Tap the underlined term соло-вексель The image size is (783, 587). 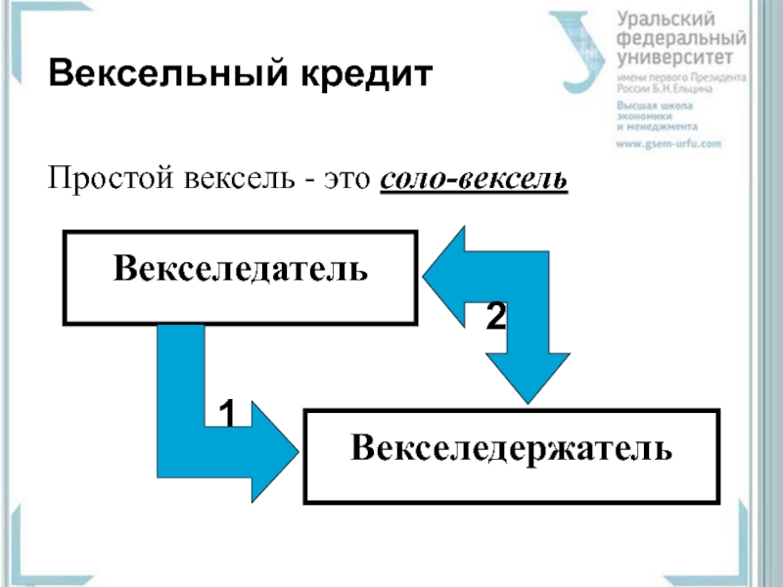click(x=473, y=181)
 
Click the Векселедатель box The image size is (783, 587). click(x=240, y=277)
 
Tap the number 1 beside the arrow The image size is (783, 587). click(x=227, y=414)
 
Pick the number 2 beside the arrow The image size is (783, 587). click(x=496, y=314)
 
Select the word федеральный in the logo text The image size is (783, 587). click(x=681, y=39)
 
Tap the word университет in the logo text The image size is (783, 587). click(x=675, y=59)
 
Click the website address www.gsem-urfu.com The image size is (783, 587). click(x=668, y=143)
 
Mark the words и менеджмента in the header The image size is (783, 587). click(x=655, y=126)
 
